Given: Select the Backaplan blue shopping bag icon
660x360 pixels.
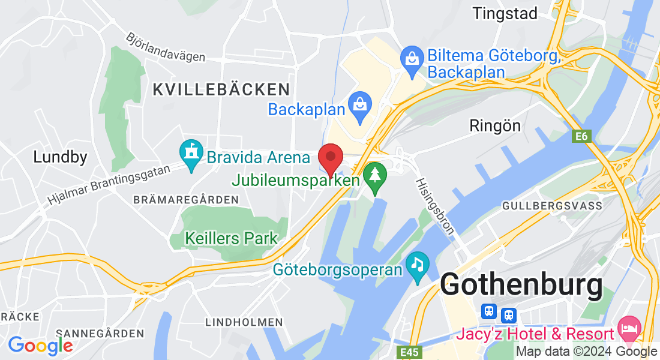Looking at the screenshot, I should coord(359,109).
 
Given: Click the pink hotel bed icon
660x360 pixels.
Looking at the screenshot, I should coord(630,328).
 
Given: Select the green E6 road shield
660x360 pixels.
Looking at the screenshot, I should coord(581,137).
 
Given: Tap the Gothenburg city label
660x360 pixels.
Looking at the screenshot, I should coord(521,286).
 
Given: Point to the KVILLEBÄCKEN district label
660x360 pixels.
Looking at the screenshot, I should coord(221,90).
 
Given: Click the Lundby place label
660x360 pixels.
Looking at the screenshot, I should coord(60,157).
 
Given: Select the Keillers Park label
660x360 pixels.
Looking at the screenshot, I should coord(232,238).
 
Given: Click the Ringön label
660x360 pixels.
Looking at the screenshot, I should coord(495,125).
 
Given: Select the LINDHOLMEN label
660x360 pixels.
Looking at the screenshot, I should coord(244,322).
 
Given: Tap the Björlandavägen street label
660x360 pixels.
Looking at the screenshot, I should coord(165,47).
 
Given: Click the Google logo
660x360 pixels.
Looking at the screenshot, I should coord(40,346).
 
